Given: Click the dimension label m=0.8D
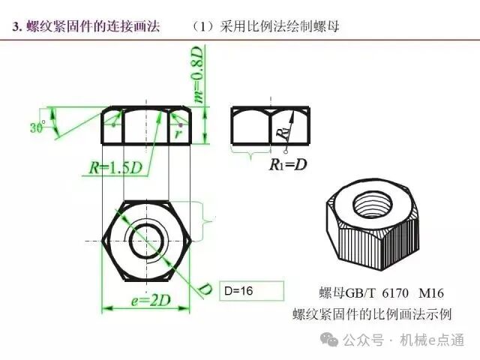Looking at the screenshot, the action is click(198, 74).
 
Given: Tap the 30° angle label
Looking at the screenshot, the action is click(37, 127).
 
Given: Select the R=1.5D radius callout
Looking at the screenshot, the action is click(115, 168).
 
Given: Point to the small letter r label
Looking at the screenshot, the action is click(178, 133).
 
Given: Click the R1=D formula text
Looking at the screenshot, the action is click(288, 164).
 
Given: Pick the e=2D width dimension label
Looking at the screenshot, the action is click(151, 301).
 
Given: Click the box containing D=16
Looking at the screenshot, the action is click(252, 291).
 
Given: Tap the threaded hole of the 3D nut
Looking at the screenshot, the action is click(372, 203).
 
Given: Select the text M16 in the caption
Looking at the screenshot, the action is click(431, 293).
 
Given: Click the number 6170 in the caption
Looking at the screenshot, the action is click(395, 293).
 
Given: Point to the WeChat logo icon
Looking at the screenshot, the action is click(329, 340).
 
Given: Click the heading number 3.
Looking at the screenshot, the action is click(16, 27).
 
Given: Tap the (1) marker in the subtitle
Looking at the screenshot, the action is click(202, 27).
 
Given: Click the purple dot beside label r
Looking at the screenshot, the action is click(181, 125).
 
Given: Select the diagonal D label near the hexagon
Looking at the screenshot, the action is click(205, 289).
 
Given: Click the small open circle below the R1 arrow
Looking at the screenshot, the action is click(286, 151).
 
